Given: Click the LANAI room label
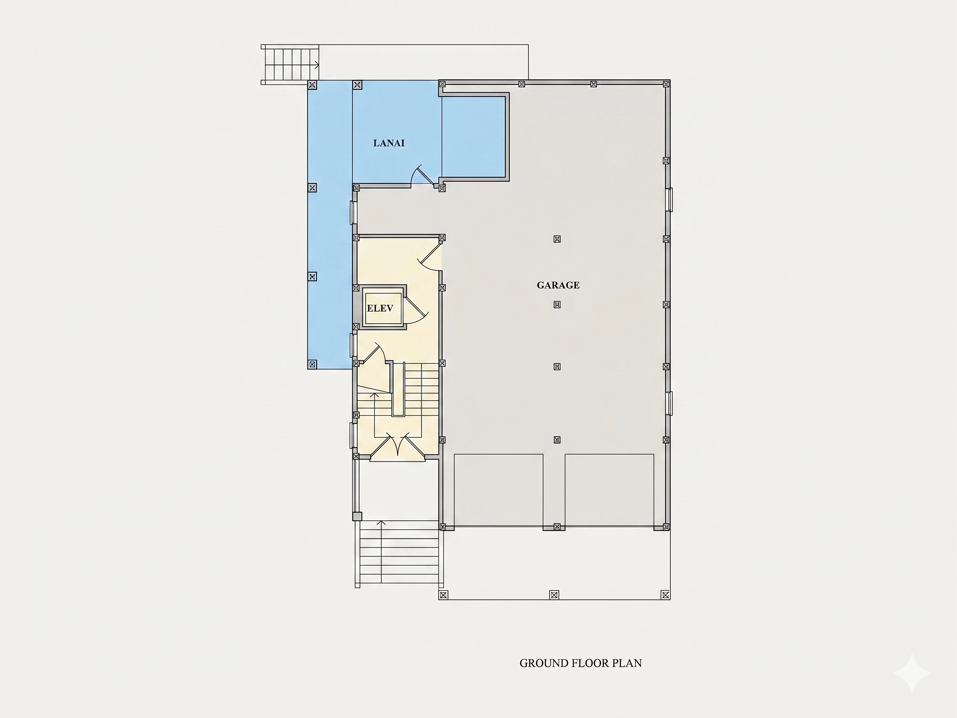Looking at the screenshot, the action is click(389, 143).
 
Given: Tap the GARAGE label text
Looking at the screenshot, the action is click(558, 285).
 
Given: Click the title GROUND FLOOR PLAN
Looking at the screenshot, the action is click(581, 663).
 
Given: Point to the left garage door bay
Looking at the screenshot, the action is click(499, 490).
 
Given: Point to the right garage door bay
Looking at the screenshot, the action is click(609, 490).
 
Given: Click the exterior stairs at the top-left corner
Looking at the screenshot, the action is click(290, 65).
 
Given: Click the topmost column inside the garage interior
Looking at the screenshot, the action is click(557, 239).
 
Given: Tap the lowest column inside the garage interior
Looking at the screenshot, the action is click(557, 440).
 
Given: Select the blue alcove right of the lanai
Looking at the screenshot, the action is click(473, 137).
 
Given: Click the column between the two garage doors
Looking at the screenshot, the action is click(557, 527).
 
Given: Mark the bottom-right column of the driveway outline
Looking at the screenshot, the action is click(666, 595).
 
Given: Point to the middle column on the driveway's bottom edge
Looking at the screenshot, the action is click(554, 595).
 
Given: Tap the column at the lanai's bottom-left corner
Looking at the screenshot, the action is click(312, 365).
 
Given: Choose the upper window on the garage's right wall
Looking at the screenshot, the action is click(670, 200).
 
